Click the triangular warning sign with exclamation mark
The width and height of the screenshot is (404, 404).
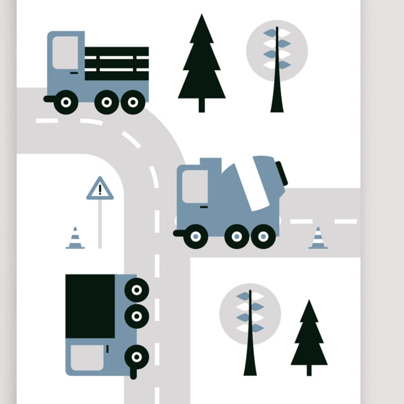click(100, 189)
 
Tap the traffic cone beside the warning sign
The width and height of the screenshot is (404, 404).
click(75, 238)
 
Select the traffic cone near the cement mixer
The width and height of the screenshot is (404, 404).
click(318, 238)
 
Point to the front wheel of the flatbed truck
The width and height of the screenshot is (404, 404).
click(65, 103)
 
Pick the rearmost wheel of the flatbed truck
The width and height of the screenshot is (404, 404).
click(133, 103)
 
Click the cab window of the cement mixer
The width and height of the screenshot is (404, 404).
click(195, 186)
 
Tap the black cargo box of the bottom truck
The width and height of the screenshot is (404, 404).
click(90, 306)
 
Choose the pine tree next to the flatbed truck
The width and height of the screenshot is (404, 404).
click(201, 63)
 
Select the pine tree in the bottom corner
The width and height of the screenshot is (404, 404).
click(309, 336)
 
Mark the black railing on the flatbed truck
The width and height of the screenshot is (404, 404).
click(117, 63)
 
